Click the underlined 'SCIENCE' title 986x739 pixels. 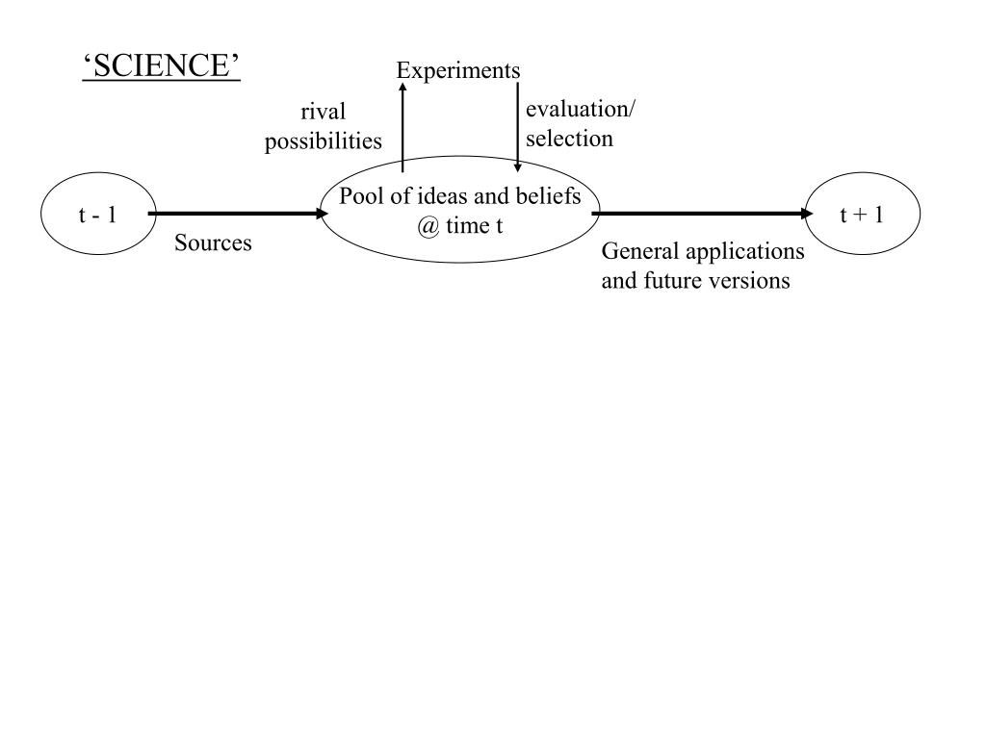point(161,66)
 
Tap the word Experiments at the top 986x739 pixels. point(458,70)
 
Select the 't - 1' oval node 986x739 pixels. point(97,215)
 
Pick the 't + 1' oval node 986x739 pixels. point(862,215)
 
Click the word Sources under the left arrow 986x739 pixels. point(213,243)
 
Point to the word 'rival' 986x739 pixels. point(324,113)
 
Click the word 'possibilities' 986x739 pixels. point(324,141)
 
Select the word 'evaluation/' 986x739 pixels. point(580,110)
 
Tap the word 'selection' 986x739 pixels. point(569,139)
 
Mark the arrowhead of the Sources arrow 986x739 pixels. point(323,214)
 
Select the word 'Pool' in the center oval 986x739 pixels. point(358,197)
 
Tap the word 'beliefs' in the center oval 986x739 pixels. point(549,197)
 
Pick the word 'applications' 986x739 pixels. point(745,252)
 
